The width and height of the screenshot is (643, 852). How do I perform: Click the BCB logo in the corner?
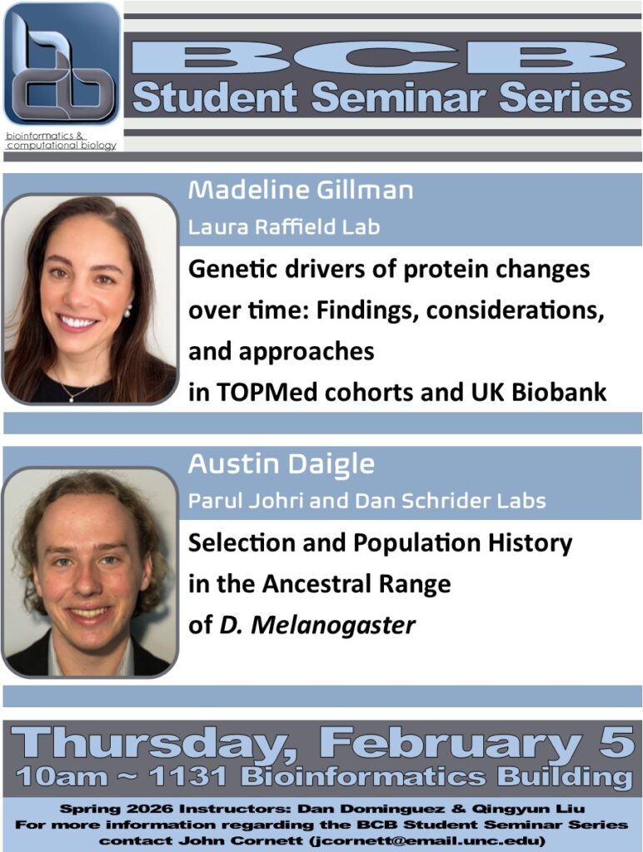coord(62,65)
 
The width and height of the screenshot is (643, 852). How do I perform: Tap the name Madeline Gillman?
coord(300,191)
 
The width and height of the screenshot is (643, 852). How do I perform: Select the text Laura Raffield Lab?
coord(284,225)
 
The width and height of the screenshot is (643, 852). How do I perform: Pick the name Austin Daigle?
coord(281,464)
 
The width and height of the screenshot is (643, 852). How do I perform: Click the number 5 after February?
coord(616,743)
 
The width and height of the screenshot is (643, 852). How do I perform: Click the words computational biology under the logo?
coord(61,146)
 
